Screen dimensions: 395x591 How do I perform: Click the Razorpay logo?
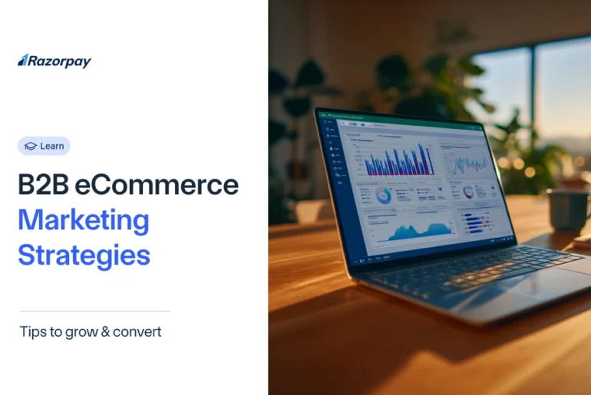54,61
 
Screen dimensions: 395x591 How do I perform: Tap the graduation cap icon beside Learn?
31,146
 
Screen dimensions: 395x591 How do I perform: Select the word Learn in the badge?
52,146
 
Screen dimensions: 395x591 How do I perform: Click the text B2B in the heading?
42,186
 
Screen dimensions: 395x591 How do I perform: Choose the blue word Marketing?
83,220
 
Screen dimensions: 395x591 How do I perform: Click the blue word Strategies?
84,255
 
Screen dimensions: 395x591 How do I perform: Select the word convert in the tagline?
136,332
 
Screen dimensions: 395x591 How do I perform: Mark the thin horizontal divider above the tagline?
94,311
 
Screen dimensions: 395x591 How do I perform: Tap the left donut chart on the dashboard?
384,196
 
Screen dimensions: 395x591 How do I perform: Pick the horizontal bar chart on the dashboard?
479,222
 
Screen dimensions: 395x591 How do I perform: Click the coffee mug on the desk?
569,209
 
